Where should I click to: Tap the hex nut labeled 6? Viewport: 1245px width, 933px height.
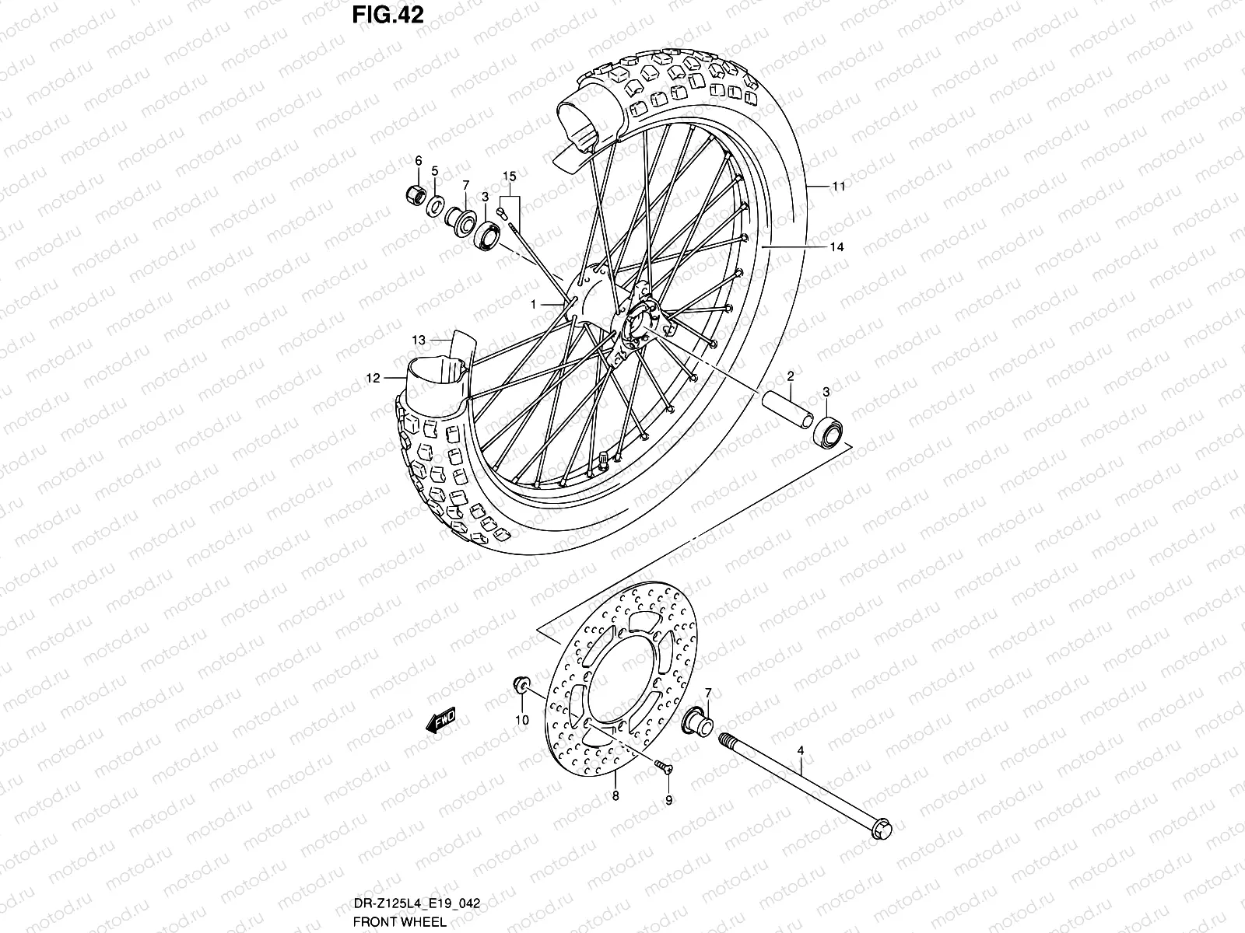click(x=416, y=194)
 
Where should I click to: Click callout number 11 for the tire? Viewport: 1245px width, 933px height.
click(x=837, y=187)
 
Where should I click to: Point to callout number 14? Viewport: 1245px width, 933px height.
click(x=836, y=247)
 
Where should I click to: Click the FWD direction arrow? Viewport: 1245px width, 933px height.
click(x=440, y=722)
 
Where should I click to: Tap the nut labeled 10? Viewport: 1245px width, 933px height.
click(x=520, y=687)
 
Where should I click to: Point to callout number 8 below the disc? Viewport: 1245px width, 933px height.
click(x=615, y=795)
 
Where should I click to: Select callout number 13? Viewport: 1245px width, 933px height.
click(x=419, y=340)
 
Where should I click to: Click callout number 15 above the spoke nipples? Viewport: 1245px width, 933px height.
click(x=509, y=177)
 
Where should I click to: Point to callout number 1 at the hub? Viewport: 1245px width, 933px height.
click(x=534, y=306)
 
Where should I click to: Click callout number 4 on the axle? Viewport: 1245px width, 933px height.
click(x=799, y=751)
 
